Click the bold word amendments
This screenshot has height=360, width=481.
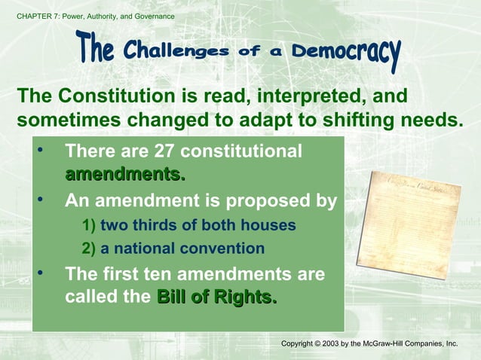(x=124, y=175)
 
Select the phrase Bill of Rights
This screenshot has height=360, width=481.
(x=216, y=297)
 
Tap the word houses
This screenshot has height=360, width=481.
(x=269, y=225)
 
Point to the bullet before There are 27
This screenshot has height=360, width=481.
(x=41, y=151)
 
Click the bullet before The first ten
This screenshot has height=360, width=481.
(x=41, y=273)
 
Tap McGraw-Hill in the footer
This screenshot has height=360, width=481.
(x=387, y=343)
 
